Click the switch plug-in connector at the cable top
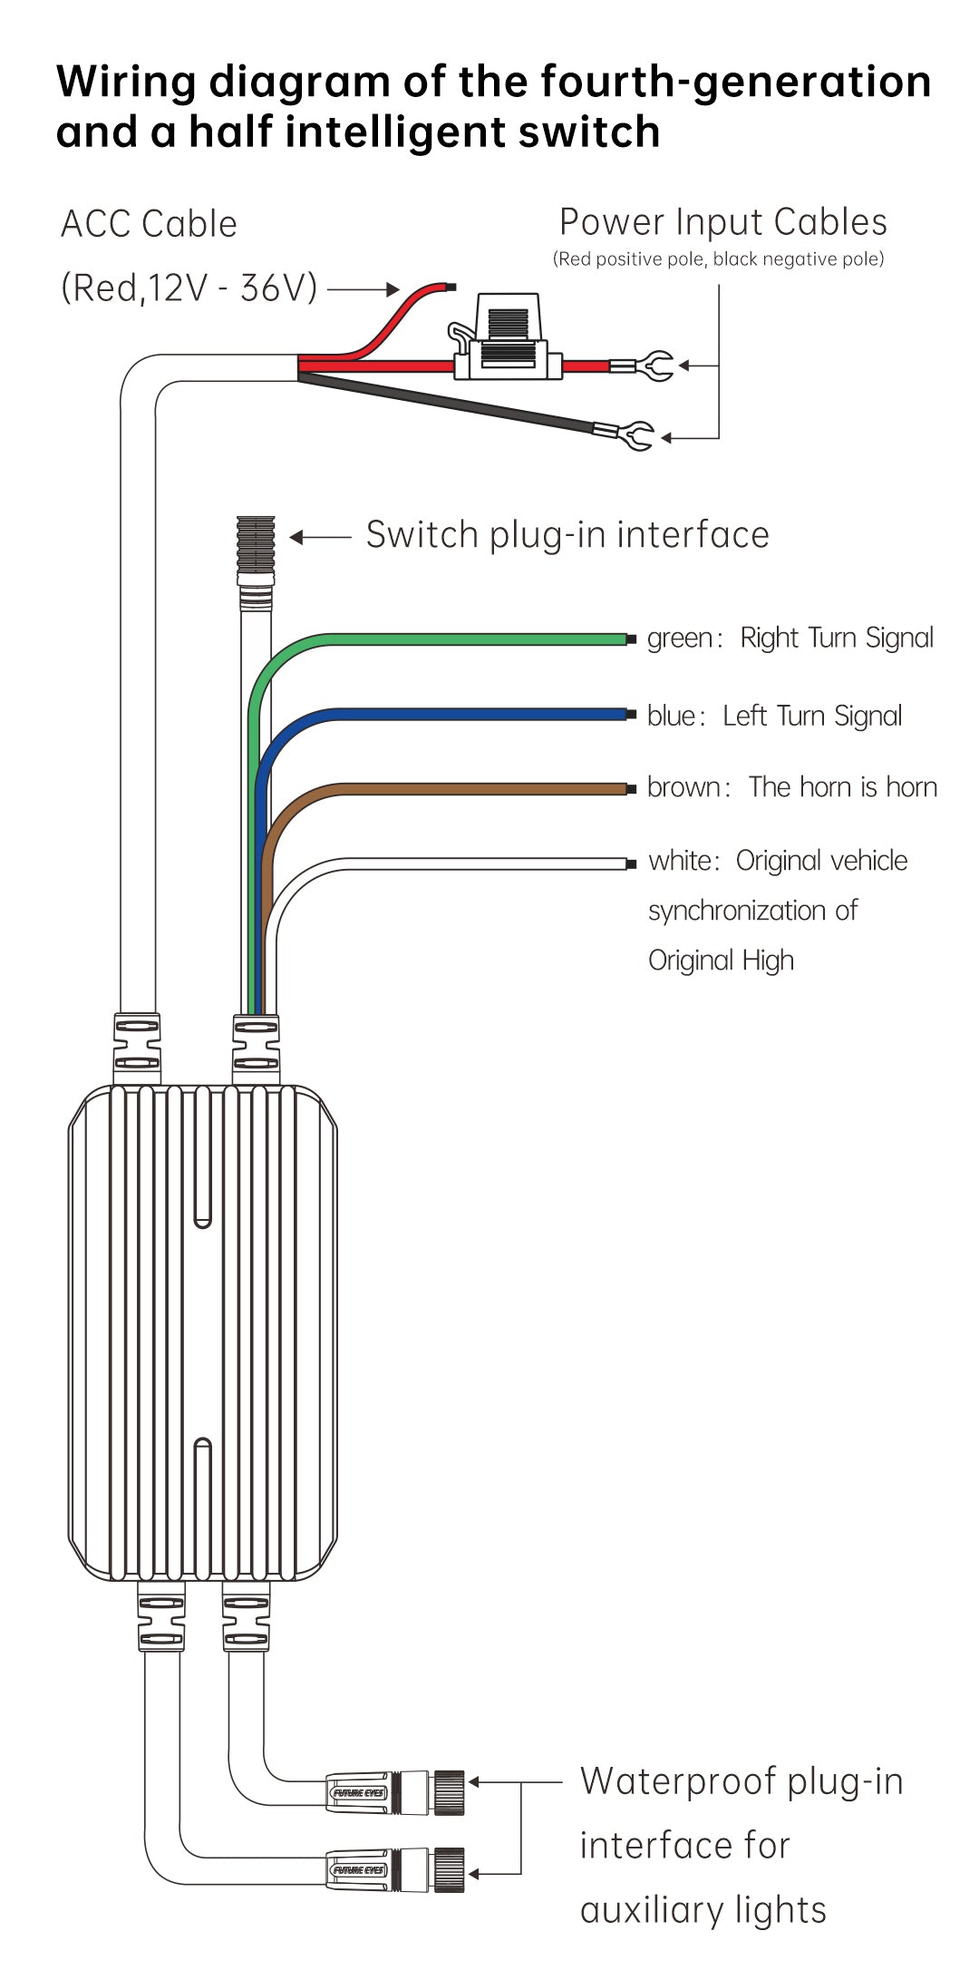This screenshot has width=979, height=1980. coord(256,544)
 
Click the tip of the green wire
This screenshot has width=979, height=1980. coord(630,639)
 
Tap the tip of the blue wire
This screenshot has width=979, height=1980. coord(630,715)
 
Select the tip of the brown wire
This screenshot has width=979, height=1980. coord(630,789)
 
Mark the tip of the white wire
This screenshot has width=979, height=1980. coord(630,863)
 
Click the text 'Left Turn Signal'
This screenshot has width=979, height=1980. coord(812,717)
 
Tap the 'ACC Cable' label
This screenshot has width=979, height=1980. coord(149,224)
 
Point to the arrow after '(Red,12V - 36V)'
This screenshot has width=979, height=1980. coord(363,289)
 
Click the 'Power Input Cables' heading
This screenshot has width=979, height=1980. coord(722,222)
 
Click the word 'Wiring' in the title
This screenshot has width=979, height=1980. coord(126,82)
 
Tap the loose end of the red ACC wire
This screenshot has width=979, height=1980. coord(449,288)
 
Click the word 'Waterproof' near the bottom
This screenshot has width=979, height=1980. coord(678,1781)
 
